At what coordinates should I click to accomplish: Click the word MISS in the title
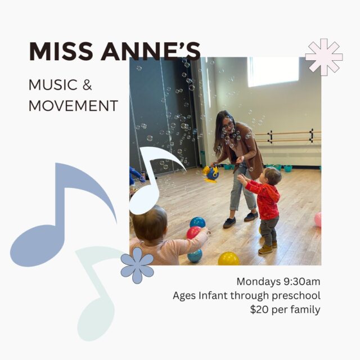point(61,51)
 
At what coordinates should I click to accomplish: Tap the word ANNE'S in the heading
point(151,51)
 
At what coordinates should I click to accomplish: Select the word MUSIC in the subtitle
point(53,85)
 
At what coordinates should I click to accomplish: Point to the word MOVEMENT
point(74,106)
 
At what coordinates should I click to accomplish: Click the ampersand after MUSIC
point(87,85)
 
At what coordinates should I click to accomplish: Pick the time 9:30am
point(302,281)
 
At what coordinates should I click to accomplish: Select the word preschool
point(296,296)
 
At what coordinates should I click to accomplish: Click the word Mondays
point(259,282)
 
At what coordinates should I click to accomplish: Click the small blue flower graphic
point(137,265)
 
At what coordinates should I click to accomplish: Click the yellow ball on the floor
point(229,259)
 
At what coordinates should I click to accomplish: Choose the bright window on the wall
point(273,72)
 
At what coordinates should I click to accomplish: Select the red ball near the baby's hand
point(193,232)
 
